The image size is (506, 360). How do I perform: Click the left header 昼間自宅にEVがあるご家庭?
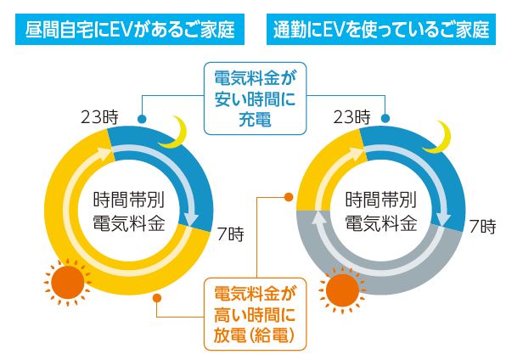(x=130, y=29)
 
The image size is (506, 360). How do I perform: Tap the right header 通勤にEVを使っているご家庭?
(x=381, y=29)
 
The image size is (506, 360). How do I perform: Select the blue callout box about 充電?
(x=255, y=98)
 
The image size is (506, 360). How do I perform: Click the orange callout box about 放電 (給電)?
(x=255, y=314)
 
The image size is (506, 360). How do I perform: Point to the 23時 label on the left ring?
(x=99, y=117)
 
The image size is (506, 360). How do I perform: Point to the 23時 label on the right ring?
(x=351, y=117)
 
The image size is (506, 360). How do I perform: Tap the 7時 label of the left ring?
(x=231, y=234)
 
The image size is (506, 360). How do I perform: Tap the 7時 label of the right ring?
(x=483, y=227)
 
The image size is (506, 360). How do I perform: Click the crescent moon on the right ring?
(x=439, y=138)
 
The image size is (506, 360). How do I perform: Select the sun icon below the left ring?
(x=68, y=283)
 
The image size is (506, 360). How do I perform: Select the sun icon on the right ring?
(x=342, y=290)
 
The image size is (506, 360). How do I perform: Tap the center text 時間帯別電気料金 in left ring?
(x=129, y=211)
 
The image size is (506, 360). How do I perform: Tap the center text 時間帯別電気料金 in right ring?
(x=381, y=211)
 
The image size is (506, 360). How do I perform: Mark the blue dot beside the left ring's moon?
(x=142, y=119)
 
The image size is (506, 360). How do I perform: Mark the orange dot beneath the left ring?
(x=157, y=298)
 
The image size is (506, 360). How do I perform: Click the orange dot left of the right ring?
(x=289, y=197)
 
